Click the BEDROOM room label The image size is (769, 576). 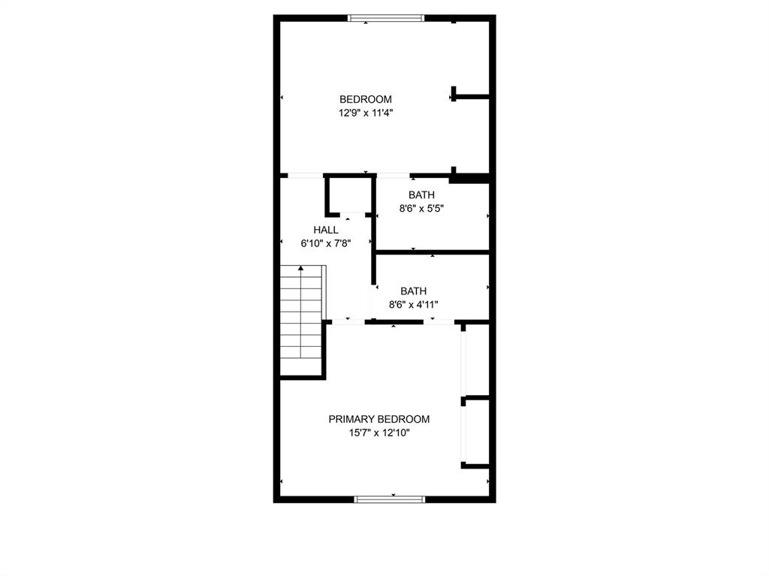(366, 99)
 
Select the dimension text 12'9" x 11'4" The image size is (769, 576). (366, 113)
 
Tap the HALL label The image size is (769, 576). (326, 230)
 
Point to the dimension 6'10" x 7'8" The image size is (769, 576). (326, 243)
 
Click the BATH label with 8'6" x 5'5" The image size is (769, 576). (421, 195)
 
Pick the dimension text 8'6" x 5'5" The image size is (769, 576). (421, 209)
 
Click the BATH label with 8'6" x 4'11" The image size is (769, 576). (413, 291)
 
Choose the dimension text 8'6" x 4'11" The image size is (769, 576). (413, 304)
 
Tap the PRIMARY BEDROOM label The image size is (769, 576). (379, 419)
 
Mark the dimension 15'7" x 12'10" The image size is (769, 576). (379, 433)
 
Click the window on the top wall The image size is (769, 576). (387, 18)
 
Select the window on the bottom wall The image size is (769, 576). (390, 499)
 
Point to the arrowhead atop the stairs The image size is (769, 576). (301, 267)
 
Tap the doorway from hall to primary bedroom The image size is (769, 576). (348, 321)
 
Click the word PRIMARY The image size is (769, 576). (351, 419)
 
